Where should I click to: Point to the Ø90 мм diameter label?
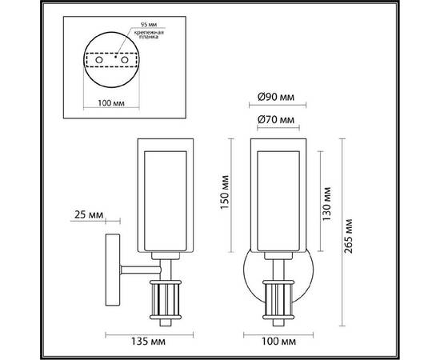(276, 98)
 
